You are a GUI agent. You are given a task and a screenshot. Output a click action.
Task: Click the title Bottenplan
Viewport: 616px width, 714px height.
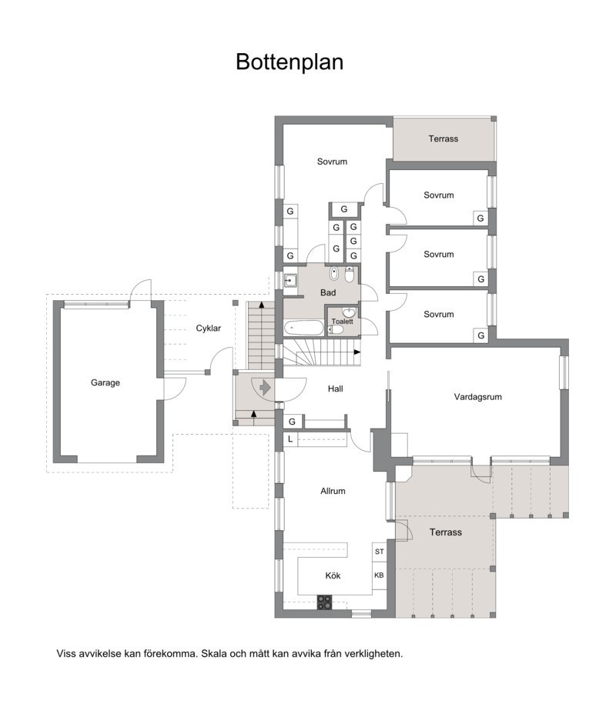click(290, 62)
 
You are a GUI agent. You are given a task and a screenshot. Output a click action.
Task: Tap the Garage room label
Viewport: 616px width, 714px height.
click(105, 382)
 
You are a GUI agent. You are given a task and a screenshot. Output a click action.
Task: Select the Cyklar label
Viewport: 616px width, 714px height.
click(209, 329)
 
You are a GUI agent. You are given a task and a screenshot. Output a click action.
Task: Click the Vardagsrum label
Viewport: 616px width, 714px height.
click(477, 397)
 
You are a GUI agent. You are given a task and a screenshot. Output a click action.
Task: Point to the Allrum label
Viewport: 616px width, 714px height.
click(333, 491)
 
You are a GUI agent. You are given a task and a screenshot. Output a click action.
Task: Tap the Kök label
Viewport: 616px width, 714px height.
click(333, 576)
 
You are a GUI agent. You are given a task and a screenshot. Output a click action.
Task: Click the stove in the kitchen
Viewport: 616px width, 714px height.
click(325, 603)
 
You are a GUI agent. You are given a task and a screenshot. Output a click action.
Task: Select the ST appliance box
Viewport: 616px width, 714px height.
click(379, 552)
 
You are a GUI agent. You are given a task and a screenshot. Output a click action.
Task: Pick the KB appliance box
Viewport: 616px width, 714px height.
click(379, 576)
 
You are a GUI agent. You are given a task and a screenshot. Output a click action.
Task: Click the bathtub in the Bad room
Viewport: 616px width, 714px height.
click(303, 329)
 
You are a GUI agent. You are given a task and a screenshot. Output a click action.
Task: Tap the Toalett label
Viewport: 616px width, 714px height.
click(342, 322)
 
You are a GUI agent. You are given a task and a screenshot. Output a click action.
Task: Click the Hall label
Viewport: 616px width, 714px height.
click(335, 389)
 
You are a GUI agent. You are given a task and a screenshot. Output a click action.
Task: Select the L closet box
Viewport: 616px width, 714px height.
click(290, 439)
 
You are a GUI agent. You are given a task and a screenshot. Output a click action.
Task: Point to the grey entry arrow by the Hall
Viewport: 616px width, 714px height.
click(264, 387)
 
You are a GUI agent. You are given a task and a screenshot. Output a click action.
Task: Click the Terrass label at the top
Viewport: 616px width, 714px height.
click(444, 139)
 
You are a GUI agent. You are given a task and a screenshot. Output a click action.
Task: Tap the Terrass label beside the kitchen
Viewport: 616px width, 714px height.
click(445, 532)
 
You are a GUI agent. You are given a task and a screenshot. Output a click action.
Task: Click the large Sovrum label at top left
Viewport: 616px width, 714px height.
click(332, 162)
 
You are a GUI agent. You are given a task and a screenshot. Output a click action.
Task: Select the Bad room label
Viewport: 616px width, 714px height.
click(328, 292)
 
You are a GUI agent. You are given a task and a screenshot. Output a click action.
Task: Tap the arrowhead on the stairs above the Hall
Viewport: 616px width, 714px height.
click(357, 352)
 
